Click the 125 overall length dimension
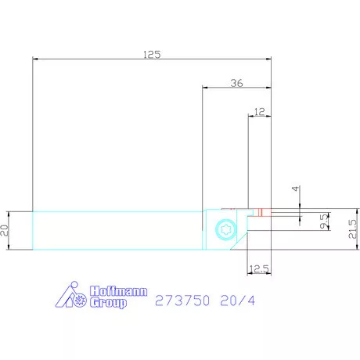(152, 55)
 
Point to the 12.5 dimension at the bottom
(258, 269)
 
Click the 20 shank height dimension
(6, 230)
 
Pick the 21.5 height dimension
(352, 229)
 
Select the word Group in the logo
(108, 302)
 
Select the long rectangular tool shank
(117, 230)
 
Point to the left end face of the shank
(33, 230)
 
